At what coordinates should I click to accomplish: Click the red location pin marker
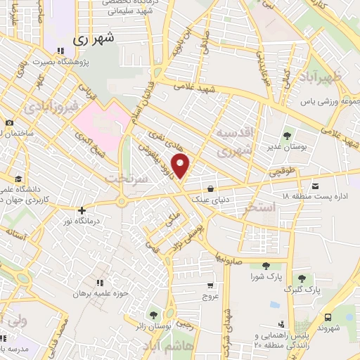click(x=181, y=167)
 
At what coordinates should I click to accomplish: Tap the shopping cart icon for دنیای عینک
click(x=212, y=188)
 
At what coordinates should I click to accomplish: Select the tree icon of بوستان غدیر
click(x=288, y=136)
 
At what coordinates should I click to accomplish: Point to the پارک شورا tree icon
click(x=266, y=265)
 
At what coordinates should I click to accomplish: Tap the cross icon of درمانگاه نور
click(x=82, y=210)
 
